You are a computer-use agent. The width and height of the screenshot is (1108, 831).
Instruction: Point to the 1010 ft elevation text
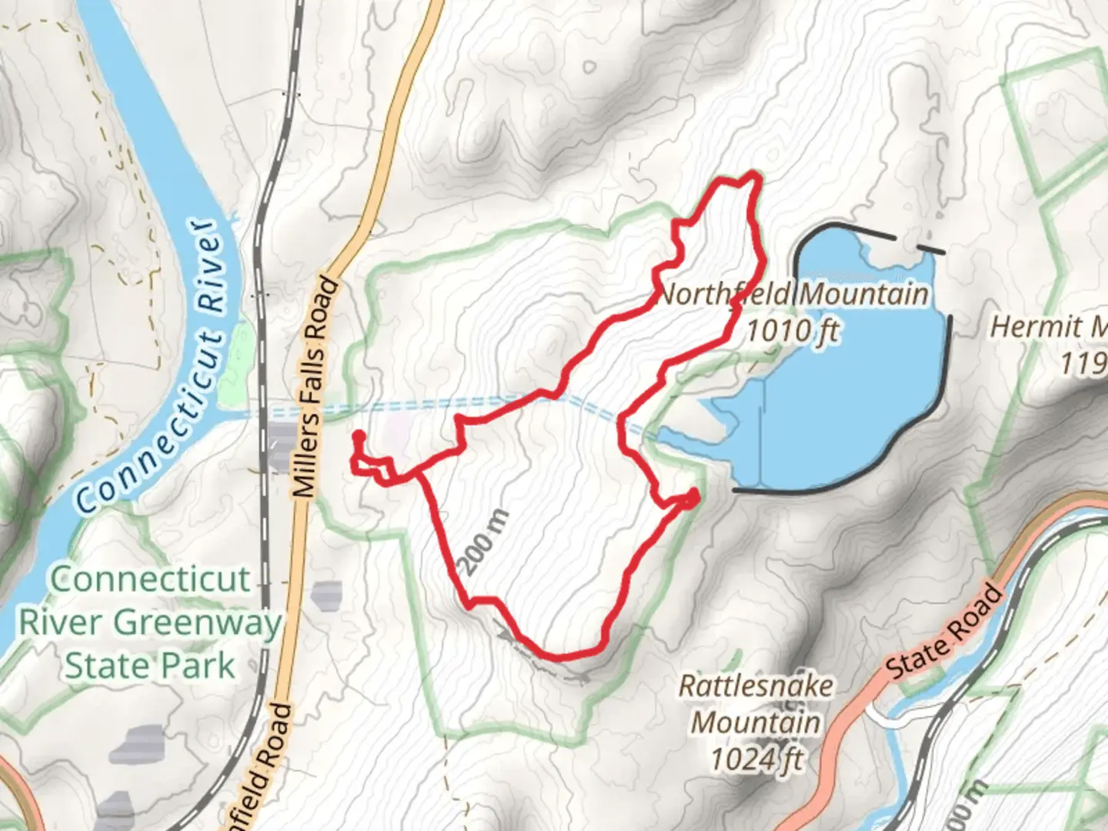[793, 331]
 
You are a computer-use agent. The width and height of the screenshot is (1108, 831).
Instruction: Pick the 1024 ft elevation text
[756, 759]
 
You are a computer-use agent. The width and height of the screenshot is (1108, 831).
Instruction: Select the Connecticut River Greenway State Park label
[150, 622]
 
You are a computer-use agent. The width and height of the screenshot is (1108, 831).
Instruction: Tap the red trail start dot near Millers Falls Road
[358, 436]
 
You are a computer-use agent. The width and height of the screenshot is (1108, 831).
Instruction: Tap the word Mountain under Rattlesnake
[756, 723]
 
